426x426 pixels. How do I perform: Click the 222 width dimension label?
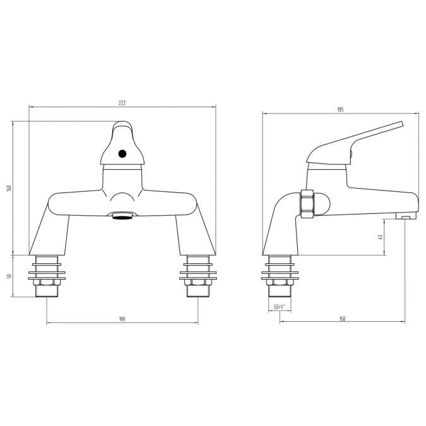coord(122,102)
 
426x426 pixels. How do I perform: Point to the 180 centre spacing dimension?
coord(122,319)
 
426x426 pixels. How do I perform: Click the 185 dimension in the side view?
coord(340,110)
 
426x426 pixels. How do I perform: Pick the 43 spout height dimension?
coord(380,237)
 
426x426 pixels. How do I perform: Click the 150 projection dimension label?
coord(341,319)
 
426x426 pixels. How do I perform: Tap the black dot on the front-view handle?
coord(122,153)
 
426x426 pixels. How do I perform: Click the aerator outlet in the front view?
coord(122,216)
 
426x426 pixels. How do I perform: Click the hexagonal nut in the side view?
coord(309,203)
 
